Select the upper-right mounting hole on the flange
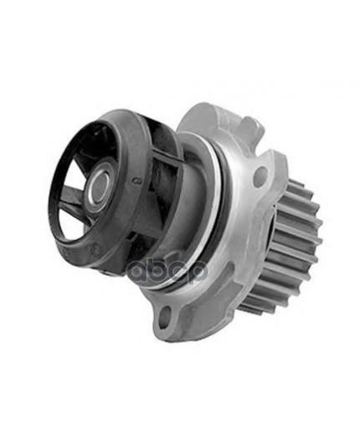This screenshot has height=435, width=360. coord(259,176)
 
